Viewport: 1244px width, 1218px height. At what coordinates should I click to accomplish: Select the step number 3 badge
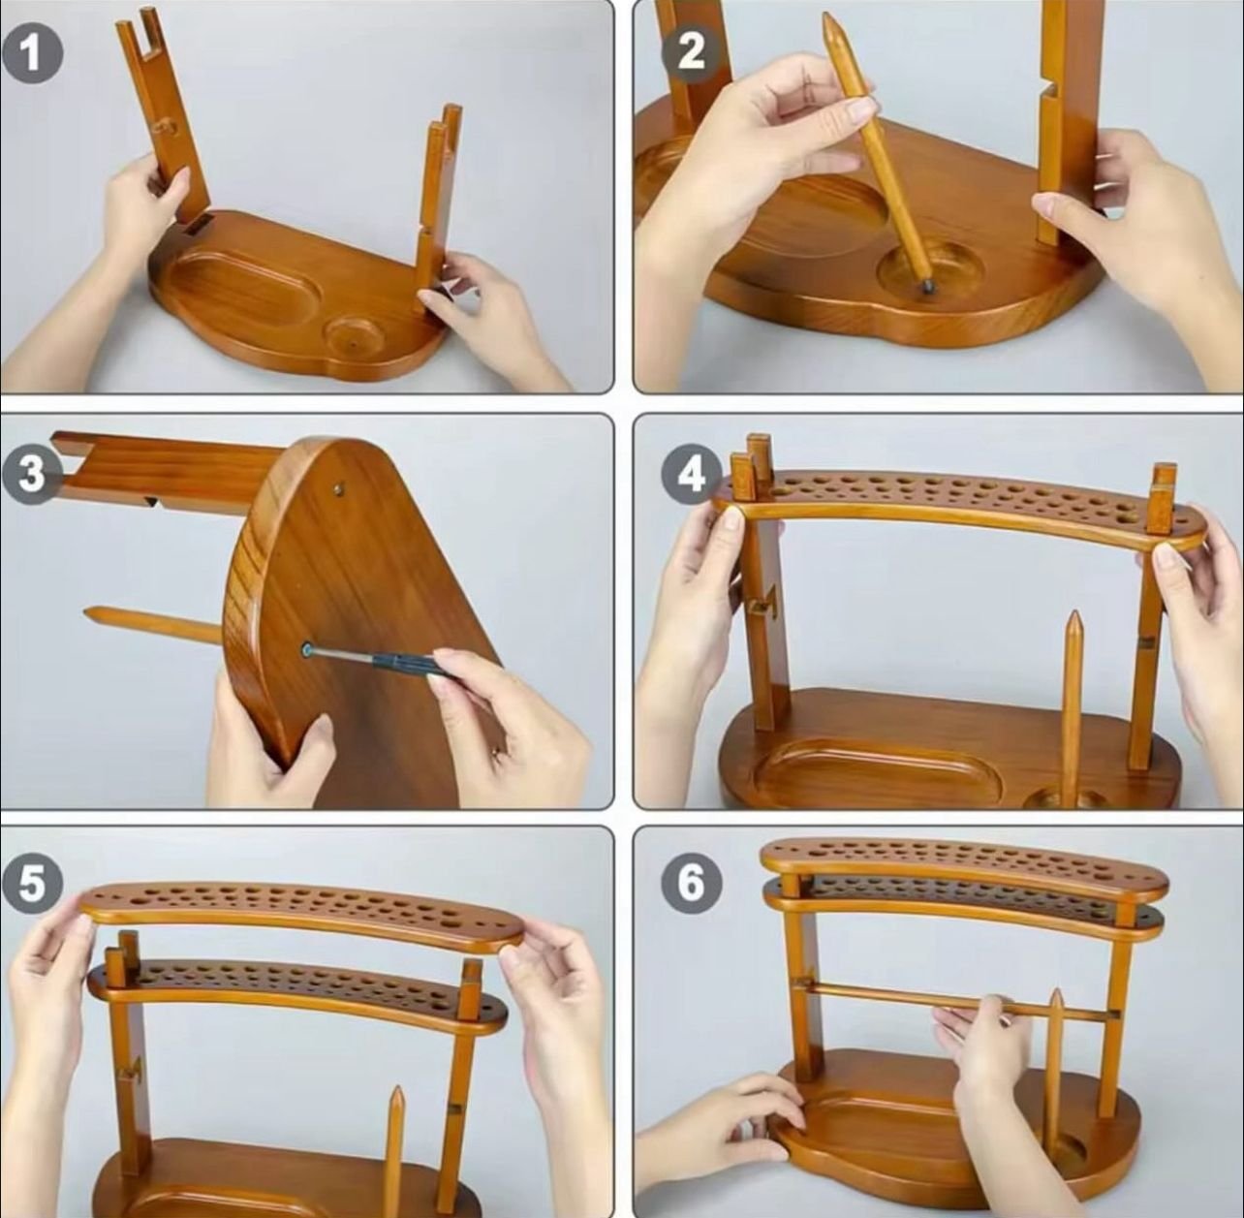point(32,474)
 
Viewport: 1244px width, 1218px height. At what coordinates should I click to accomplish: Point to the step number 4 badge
point(691,474)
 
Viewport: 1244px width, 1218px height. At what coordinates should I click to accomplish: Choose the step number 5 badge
point(32,885)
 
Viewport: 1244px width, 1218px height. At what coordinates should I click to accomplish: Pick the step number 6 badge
point(691,885)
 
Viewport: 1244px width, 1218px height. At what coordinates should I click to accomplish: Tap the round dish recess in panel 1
point(353,336)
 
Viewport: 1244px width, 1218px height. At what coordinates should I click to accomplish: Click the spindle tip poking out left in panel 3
point(97,613)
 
